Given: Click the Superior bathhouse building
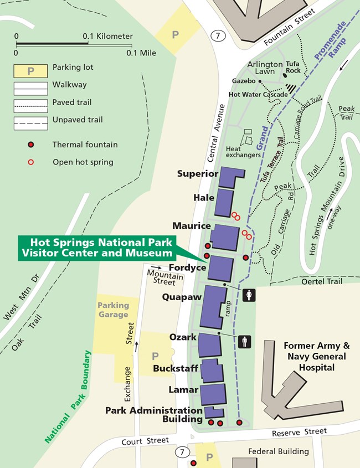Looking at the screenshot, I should tap(230, 177).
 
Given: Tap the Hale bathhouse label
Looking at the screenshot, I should tap(204, 198).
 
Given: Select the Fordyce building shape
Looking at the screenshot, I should tap(220, 269).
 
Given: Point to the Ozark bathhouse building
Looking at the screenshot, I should tap(209, 344).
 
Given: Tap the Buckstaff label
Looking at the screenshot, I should tap(176, 369).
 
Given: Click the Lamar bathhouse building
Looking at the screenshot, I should tap(212, 394).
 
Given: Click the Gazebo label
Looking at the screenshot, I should tap(244, 81).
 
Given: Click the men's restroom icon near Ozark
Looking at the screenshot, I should tap(245, 342).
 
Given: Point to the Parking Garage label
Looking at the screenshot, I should tap(114, 310).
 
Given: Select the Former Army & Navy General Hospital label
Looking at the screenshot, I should tap(315, 356).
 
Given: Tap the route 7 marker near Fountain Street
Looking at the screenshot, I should tap(219, 36).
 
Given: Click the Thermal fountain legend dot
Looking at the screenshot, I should tap(32, 145).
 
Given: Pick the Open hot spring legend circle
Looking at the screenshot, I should tap(32, 162).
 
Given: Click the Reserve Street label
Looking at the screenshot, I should tap(304, 431).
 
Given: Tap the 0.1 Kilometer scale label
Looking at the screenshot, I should tap(108, 37).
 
